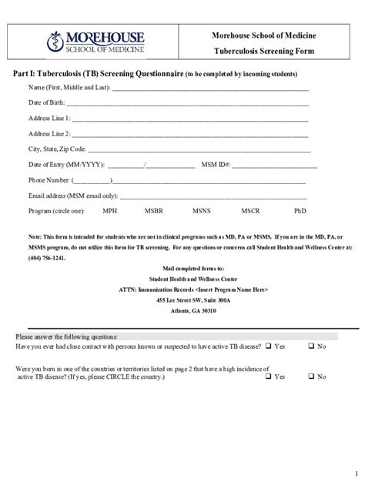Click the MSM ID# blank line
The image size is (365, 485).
pyautogui.click(x=275, y=166)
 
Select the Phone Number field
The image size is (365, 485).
pyautogui.click(x=208, y=182)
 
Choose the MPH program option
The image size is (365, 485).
pyautogui.click(x=111, y=210)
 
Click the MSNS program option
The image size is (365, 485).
pyautogui.click(x=202, y=210)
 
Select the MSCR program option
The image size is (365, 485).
pyautogui.click(x=250, y=210)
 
